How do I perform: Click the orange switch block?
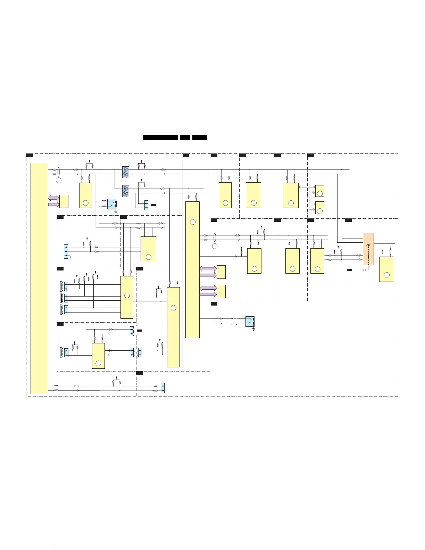pyautogui.click(x=368, y=249)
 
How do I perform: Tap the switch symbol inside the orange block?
pyautogui.click(x=368, y=245)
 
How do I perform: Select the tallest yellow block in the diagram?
pyautogui.click(x=39, y=278)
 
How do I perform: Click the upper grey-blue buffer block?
pyautogui.click(x=126, y=171)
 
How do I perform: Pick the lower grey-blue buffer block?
pyautogui.click(x=126, y=190)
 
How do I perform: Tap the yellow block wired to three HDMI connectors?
pyautogui.click(x=127, y=297)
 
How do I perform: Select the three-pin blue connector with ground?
pyautogui.click(x=66, y=251)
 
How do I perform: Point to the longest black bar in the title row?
pyautogui.click(x=160, y=137)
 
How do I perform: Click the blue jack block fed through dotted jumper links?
pyautogui.click(x=250, y=322)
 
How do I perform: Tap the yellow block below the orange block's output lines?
pyautogui.click(x=386, y=269)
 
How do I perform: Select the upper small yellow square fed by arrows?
pyautogui.click(x=320, y=191)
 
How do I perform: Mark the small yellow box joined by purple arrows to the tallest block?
pyautogui.click(x=64, y=201)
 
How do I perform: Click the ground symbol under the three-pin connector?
pyautogui.click(x=70, y=258)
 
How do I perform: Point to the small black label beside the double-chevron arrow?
pyautogui.click(x=349, y=269)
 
